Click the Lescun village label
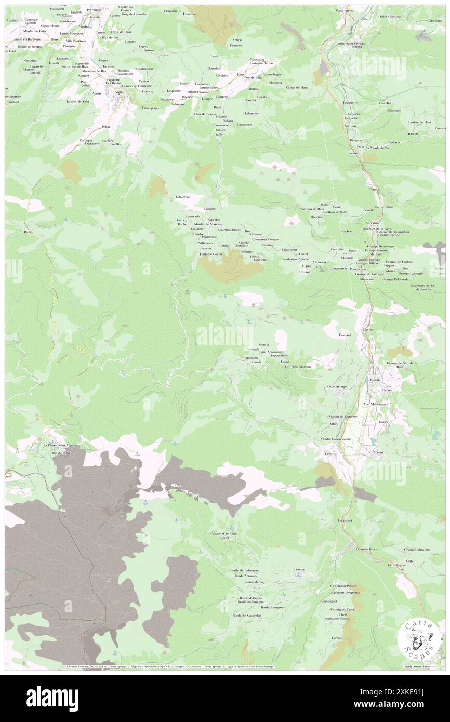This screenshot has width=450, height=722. (298, 569)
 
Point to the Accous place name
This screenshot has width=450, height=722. (378, 452)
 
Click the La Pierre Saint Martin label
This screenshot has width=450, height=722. (60, 445)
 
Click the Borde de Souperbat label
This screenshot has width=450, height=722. (247, 616)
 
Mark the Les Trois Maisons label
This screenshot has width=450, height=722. (297, 367)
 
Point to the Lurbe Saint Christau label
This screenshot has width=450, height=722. (351, 43)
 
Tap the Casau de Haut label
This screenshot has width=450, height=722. (297, 87)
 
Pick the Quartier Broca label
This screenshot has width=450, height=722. (366, 549)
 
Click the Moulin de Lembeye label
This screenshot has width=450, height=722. (342, 417)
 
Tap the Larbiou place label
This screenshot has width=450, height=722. (337, 637)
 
